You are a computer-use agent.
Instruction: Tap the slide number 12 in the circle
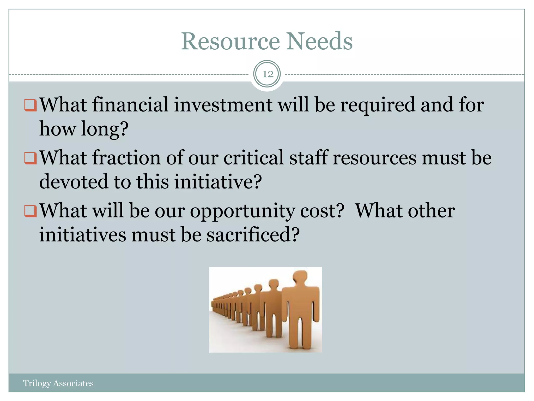tap(267, 74)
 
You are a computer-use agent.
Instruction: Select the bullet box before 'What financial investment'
tap(30, 105)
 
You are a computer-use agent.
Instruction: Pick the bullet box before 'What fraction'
tap(30, 158)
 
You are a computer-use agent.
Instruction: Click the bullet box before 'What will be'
tap(30, 211)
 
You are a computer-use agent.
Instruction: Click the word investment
tap(223, 105)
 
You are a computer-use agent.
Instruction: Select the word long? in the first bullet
tap(105, 129)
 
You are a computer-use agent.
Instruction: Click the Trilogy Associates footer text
tap(58, 383)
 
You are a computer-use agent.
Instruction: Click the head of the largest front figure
tap(303, 277)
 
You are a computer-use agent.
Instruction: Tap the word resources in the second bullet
tap(375, 158)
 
